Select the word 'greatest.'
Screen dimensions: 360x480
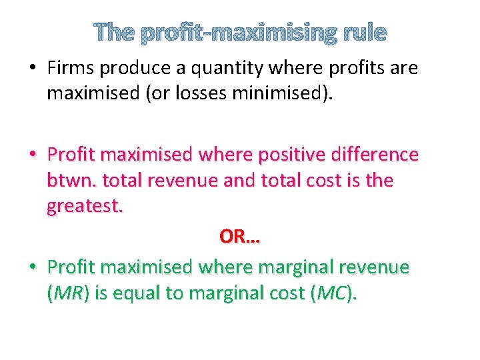(85, 207)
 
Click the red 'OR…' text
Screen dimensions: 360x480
(239, 237)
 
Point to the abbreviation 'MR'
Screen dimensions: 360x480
(65, 293)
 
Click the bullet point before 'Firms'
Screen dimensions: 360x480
(32, 68)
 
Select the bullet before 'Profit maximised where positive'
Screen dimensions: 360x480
(32, 155)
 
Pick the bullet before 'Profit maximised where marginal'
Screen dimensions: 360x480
(32, 267)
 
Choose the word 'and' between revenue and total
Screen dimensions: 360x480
(240, 181)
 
